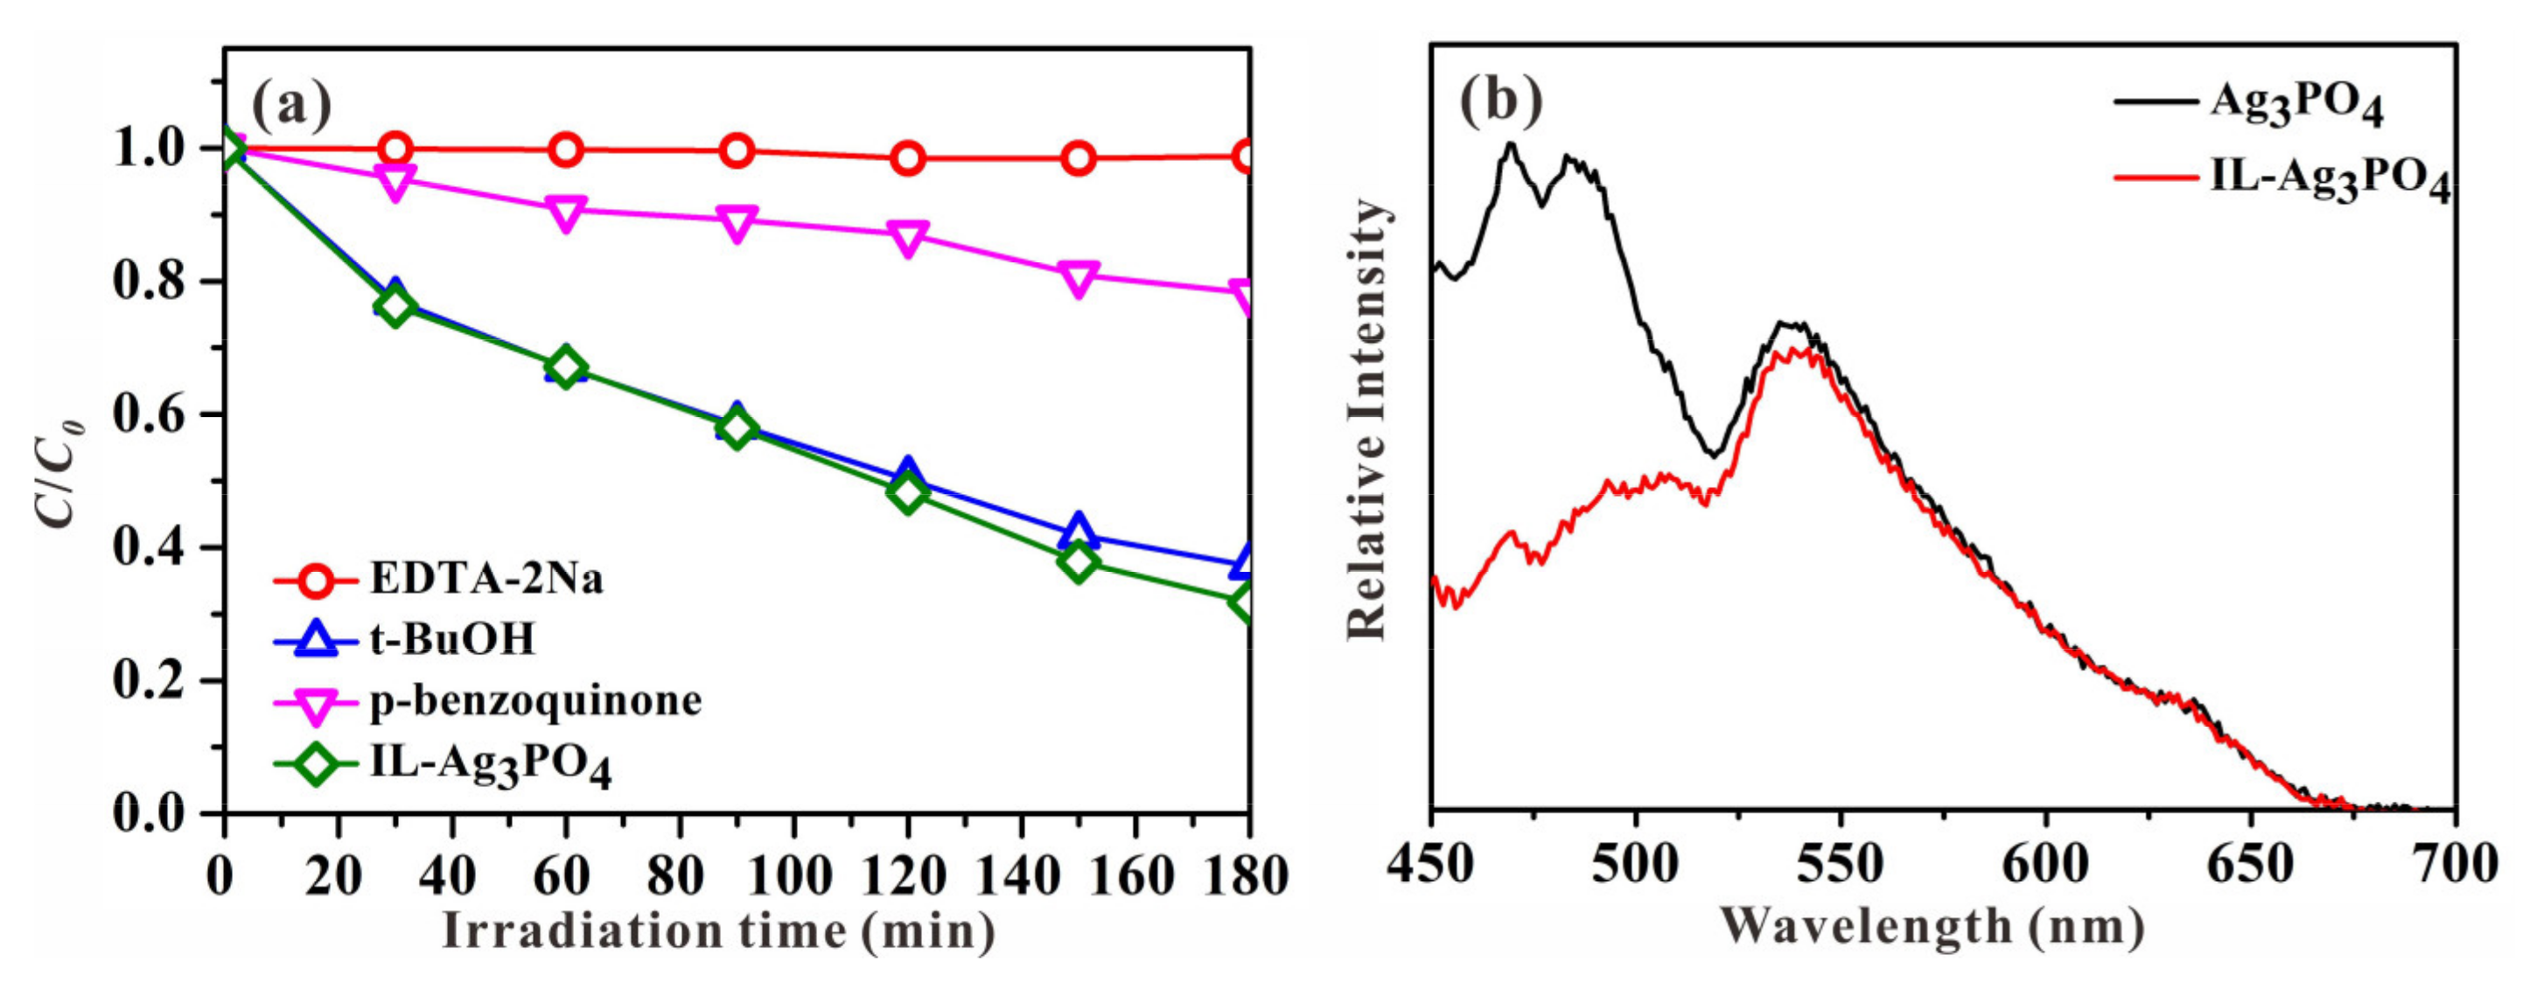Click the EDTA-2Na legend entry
(486, 580)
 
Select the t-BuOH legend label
(453, 640)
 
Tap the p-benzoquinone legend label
(535, 701)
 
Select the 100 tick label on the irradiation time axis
(792, 875)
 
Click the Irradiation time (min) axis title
(719, 931)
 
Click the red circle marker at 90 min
(737, 151)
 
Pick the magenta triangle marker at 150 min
(1079, 278)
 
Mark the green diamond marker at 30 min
(395, 308)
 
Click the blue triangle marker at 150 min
(1079, 528)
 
